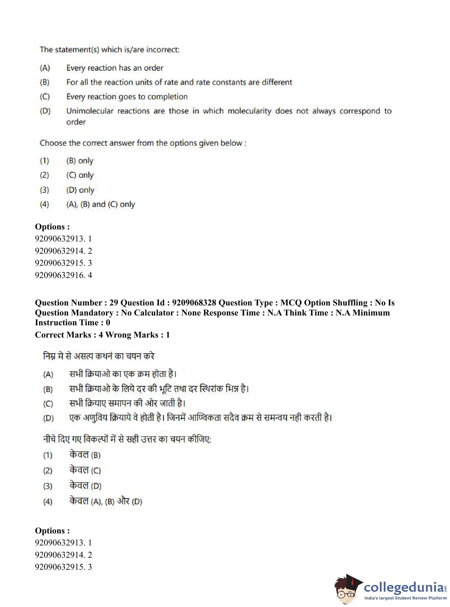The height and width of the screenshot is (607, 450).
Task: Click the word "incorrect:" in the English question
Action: [162, 50]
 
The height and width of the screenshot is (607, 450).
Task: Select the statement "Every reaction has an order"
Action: [115, 68]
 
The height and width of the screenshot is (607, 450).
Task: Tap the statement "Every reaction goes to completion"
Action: [127, 97]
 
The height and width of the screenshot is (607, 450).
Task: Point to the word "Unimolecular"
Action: [90, 111]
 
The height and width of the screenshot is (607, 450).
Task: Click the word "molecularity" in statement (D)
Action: [249, 111]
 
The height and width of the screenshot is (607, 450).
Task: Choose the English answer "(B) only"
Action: [80, 161]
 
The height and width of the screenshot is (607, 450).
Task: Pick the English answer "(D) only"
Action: [80, 190]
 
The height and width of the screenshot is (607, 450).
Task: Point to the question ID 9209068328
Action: [194, 303]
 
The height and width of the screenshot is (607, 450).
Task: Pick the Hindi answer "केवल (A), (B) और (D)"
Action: [106, 501]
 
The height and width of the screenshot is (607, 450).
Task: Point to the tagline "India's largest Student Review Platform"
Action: [405, 598]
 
